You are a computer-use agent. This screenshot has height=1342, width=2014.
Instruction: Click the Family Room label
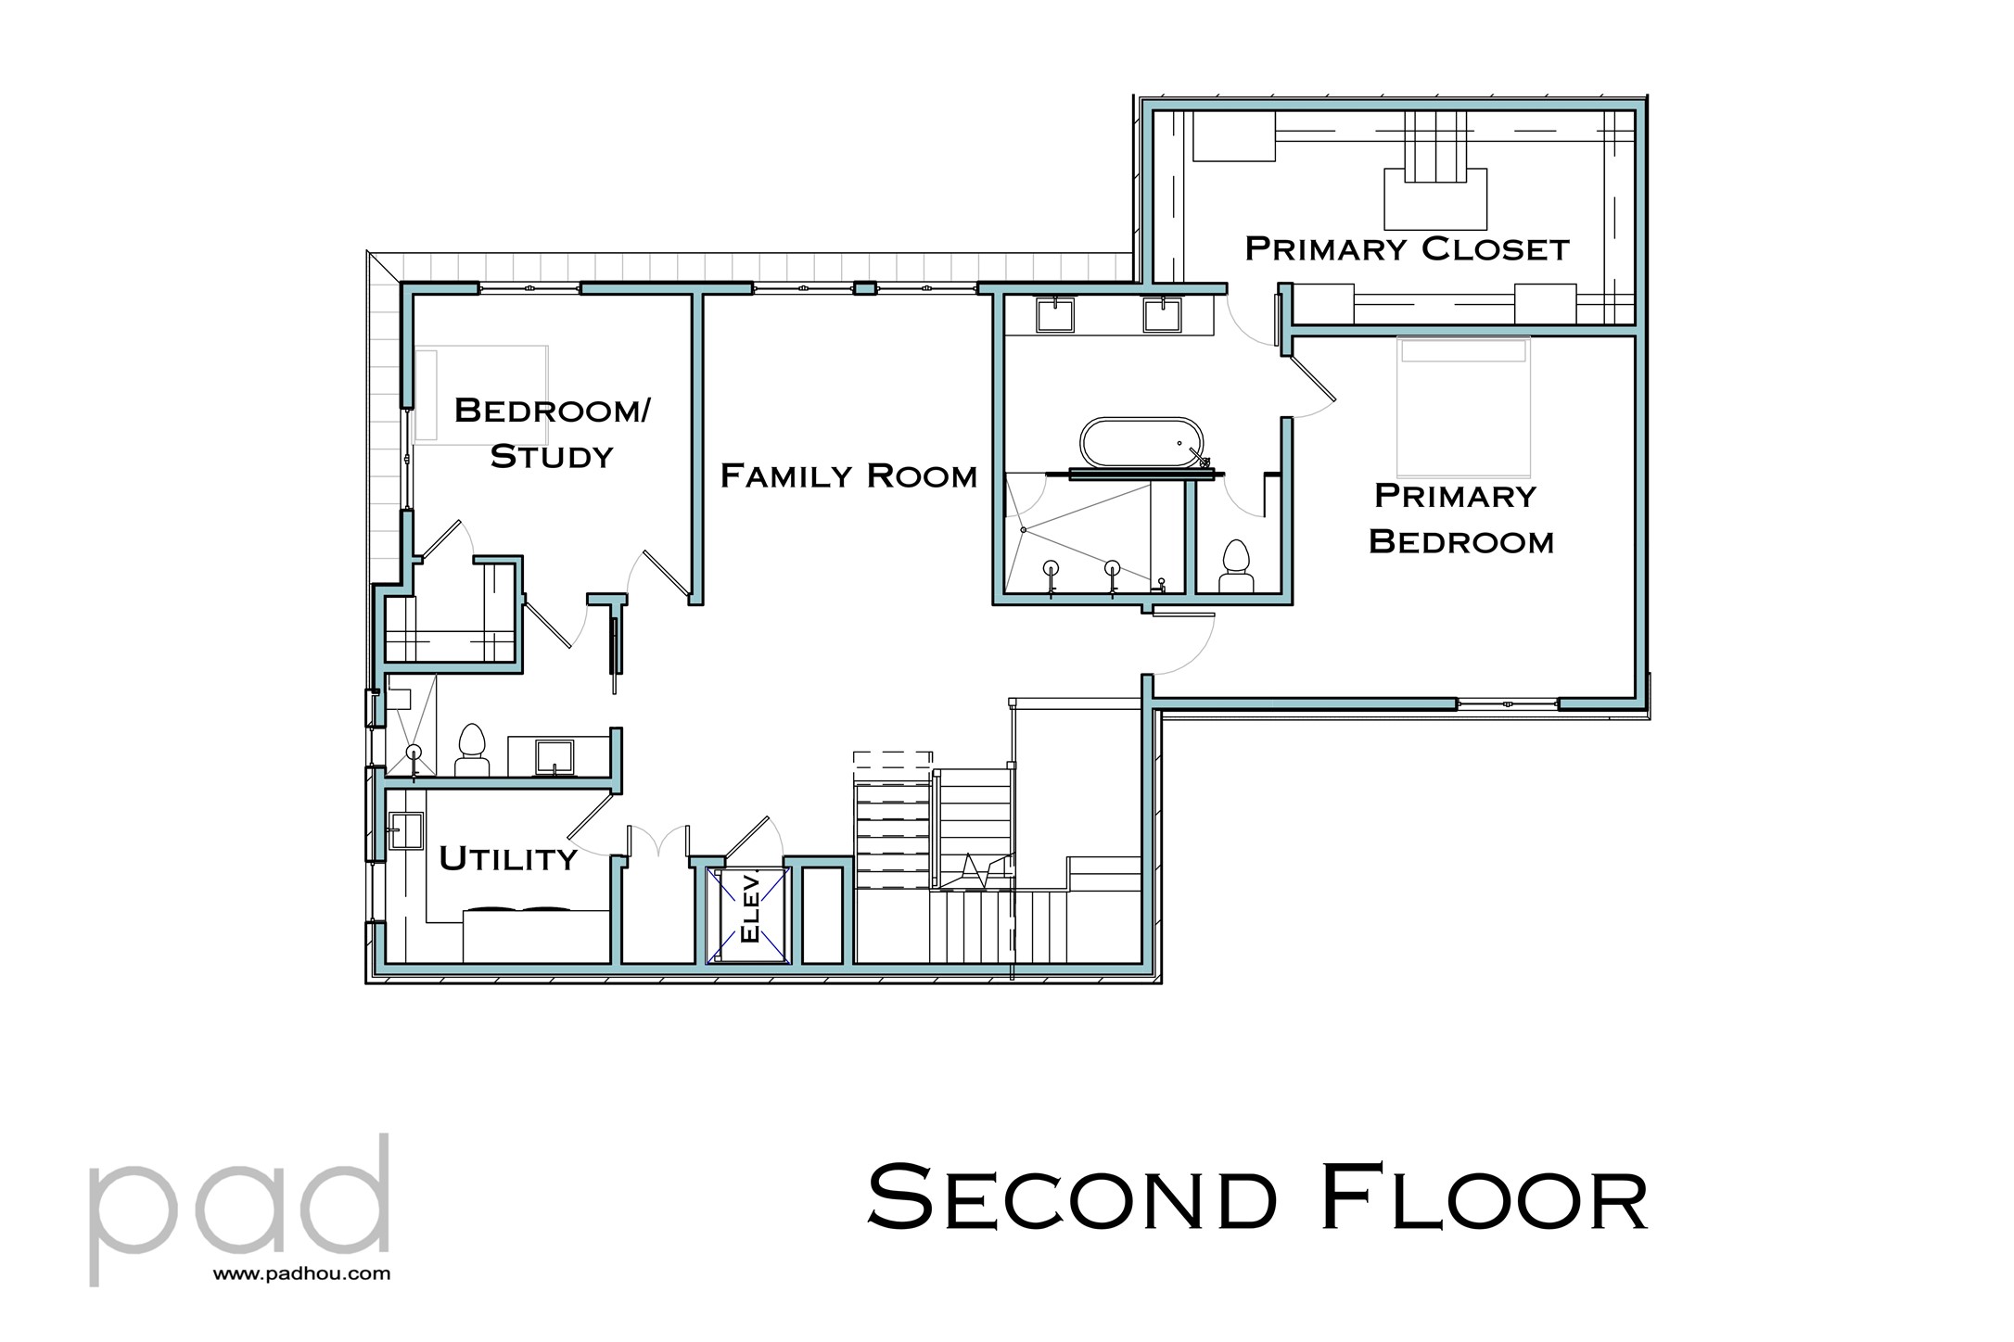[848, 476]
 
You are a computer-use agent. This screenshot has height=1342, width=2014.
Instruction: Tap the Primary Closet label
[1406, 249]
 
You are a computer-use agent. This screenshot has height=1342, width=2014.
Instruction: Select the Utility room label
[508, 859]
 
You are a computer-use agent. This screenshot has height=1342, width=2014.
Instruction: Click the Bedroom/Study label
[552, 433]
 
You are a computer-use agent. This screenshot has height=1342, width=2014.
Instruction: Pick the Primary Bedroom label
[1460, 519]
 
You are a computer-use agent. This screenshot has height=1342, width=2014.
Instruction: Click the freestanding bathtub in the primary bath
[1141, 442]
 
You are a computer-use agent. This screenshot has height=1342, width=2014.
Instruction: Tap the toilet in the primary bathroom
[1236, 566]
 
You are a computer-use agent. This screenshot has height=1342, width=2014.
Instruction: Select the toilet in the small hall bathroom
[472, 750]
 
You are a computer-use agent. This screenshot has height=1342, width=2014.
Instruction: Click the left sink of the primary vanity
[1055, 315]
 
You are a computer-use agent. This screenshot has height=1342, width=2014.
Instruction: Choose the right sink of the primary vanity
[1161, 315]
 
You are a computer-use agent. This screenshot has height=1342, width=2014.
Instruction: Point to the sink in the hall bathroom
[554, 756]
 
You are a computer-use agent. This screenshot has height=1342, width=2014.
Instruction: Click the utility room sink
[405, 830]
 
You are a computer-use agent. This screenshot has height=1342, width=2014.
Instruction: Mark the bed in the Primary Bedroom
[1462, 408]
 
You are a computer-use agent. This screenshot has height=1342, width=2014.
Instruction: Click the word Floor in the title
[1483, 1199]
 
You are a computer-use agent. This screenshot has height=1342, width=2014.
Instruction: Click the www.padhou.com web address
[301, 1274]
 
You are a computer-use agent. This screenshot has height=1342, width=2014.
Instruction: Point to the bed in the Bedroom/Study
[480, 393]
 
